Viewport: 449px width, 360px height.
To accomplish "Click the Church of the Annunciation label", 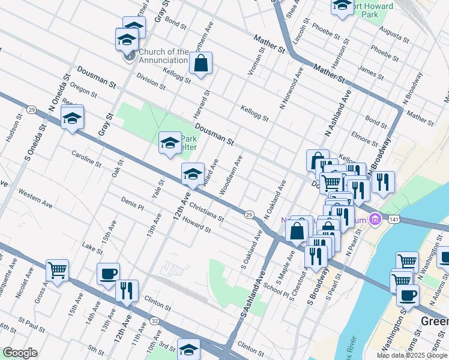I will coord(163,56).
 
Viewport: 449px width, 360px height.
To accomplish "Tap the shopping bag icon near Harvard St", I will coord(201,63).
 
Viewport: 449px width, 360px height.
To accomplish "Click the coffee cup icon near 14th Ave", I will coord(108,274).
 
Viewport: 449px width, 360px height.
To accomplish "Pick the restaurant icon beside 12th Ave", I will coord(127,291).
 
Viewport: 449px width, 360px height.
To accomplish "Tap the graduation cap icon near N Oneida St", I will coord(72,118).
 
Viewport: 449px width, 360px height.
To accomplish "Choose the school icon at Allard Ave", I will coord(193,175).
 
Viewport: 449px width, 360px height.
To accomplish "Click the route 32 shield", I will coord(155,321).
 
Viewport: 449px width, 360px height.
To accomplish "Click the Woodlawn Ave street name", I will coord(231,175).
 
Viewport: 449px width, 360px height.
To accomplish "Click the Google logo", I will coord(20,353).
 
